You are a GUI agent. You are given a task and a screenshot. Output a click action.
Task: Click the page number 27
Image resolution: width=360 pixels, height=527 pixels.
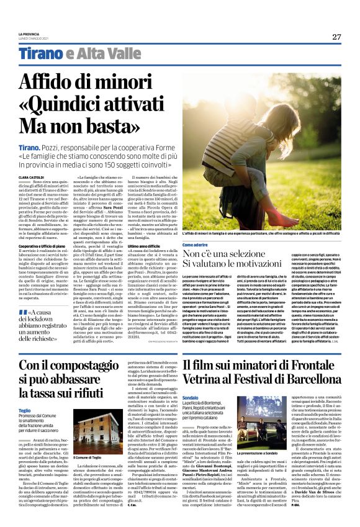click(x=336, y=36)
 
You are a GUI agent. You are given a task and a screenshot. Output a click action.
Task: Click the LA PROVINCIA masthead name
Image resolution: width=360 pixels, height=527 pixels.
click(x=28, y=34)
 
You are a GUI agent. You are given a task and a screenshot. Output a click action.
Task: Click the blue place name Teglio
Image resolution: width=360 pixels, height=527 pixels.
click(x=24, y=410)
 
